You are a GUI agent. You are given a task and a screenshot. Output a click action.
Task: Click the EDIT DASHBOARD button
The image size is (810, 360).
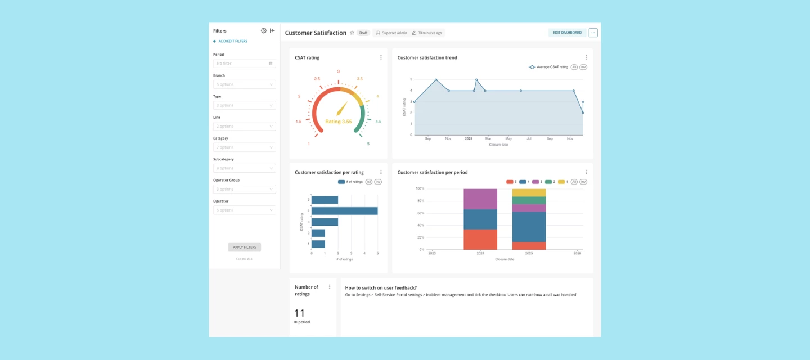coord(567,33)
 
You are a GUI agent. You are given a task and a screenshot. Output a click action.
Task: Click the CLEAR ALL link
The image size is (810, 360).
coord(244,259)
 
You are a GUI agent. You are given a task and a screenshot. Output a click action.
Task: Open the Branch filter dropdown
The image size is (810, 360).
coord(244,84)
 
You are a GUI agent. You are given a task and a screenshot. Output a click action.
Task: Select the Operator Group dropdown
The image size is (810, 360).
coord(244,189)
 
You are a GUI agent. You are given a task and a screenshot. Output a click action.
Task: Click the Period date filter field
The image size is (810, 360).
coord(244,64)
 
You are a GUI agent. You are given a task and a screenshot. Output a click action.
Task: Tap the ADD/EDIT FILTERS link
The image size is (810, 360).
coord(232,41)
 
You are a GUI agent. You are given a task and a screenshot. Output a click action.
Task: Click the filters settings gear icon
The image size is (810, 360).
coord(264,31)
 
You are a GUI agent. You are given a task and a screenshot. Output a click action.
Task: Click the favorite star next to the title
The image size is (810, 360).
coord(352,33)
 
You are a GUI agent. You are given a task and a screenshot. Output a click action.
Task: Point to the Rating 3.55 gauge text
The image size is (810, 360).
coord(338,121)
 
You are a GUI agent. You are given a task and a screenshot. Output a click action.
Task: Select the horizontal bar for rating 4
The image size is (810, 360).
coord(344,211)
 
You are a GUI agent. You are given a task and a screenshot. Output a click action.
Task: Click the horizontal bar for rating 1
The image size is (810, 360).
coord(318,244)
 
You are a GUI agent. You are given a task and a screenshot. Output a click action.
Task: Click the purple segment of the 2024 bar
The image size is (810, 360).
coord(480,199)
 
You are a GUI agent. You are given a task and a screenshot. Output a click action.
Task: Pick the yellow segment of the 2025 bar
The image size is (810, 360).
coord(529,192)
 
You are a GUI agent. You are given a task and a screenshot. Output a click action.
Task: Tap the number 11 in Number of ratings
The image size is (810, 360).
coord(299,313)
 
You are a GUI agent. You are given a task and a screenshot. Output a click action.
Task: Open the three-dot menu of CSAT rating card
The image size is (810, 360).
coord(381,57)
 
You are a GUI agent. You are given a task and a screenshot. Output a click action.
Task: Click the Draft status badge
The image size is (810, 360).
coord(363,33)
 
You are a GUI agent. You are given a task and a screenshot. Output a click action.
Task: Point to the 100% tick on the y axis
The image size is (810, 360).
coord(420,188)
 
